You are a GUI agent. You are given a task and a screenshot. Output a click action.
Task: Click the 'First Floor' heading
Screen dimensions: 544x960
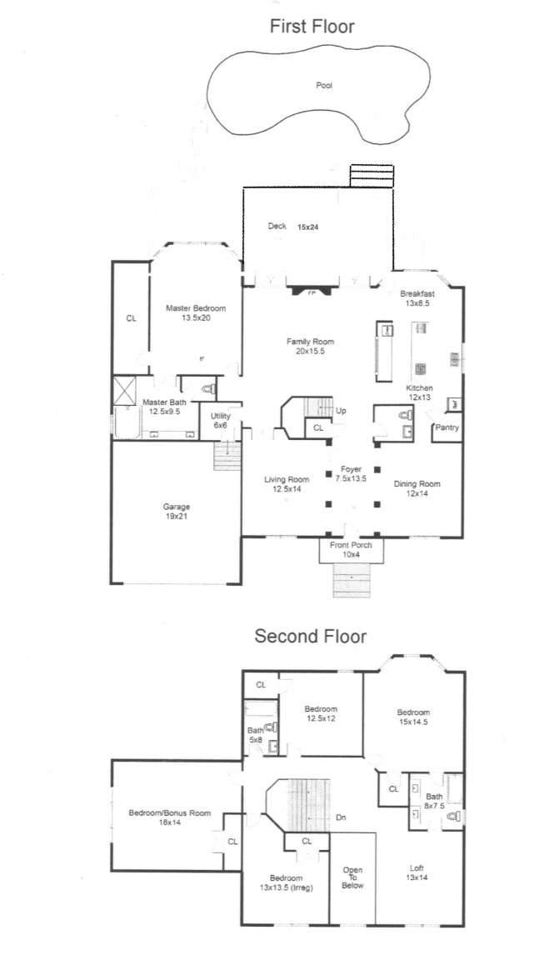click(312, 27)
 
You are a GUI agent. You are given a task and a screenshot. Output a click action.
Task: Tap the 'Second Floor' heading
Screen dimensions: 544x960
click(310, 636)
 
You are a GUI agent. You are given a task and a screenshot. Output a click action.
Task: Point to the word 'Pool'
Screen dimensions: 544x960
click(324, 86)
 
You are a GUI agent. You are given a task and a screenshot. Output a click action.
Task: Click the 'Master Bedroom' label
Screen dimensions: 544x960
click(196, 308)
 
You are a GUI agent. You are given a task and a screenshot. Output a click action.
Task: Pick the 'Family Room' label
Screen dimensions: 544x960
click(311, 342)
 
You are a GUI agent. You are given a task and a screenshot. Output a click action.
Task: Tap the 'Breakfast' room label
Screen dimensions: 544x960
click(417, 293)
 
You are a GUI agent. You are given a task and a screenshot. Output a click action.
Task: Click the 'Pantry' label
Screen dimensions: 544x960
click(447, 428)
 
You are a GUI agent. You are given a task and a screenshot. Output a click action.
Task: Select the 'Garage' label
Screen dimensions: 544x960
click(177, 507)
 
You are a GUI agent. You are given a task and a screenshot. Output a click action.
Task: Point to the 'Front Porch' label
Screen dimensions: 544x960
click(351, 546)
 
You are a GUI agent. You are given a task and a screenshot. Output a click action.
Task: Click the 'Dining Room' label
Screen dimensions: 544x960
click(417, 484)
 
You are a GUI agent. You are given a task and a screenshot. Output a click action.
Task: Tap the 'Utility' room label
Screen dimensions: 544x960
click(220, 417)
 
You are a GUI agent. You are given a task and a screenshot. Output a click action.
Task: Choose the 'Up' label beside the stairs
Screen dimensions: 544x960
click(341, 411)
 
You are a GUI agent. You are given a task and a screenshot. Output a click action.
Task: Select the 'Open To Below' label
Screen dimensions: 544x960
click(353, 878)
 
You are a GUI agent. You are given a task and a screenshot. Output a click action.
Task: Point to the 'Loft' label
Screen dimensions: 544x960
click(417, 868)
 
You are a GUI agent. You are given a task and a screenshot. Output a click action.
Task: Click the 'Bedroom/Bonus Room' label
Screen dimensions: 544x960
click(169, 813)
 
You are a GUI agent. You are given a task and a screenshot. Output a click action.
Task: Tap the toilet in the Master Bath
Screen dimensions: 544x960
click(207, 387)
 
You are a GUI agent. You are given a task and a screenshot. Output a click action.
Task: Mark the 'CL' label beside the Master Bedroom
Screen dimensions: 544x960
click(131, 318)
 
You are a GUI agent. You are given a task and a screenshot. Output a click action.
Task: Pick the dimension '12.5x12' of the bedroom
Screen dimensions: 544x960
click(321, 719)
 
